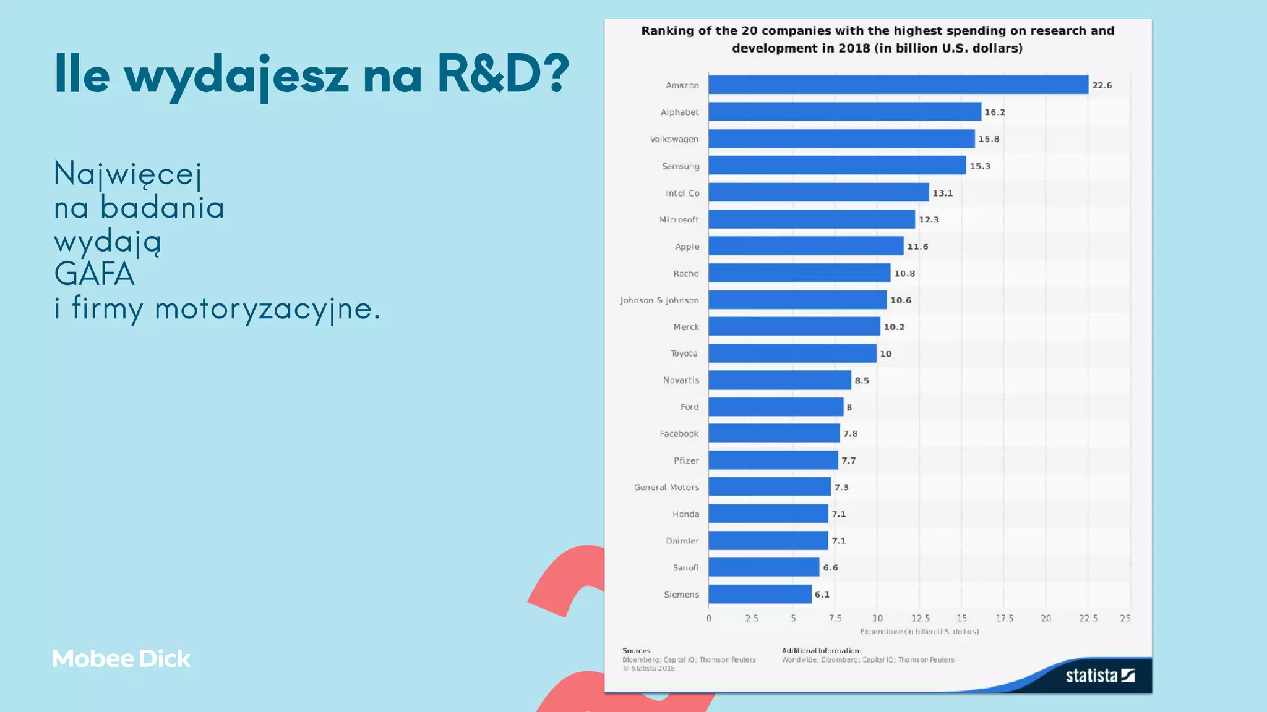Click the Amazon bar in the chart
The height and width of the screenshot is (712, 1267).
pyautogui.click(x=898, y=85)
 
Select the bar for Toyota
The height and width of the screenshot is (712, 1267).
pyautogui.click(x=792, y=354)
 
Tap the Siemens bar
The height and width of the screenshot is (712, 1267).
pyautogui.click(x=760, y=595)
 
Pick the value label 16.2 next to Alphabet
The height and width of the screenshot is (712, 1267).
pyautogui.click(x=994, y=112)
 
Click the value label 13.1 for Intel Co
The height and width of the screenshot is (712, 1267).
pyautogui.click(x=942, y=193)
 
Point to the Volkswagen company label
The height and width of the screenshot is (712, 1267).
pyautogui.click(x=674, y=139)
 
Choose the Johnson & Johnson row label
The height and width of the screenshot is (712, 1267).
pyautogui.click(x=659, y=300)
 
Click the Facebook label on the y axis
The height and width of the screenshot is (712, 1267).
pyautogui.click(x=679, y=434)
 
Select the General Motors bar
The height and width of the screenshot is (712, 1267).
pyautogui.click(x=769, y=487)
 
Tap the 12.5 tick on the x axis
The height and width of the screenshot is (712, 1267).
pyautogui.click(x=919, y=618)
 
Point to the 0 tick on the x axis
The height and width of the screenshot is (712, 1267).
pyautogui.click(x=709, y=618)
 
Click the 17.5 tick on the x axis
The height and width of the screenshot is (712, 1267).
pyautogui.click(x=1004, y=618)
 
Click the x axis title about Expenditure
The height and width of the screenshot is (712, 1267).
pyautogui.click(x=919, y=632)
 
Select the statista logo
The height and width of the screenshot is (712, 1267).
pyautogui.click(x=1099, y=676)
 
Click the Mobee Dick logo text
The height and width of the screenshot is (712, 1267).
pyautogui.click(x=121, y=659)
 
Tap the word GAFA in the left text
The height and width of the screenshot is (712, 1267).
pyautogui.click(x=94, y=274)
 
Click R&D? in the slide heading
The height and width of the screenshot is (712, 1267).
pyautogui.click(x=503, y=74)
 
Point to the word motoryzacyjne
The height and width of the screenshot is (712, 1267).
pyautogui.click(x=267, y=308)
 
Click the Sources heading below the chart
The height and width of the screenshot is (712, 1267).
pyautogui.click(x=636, y=650)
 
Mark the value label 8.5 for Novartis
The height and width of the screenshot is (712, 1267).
pyautogui.click(x=861, y=381)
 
